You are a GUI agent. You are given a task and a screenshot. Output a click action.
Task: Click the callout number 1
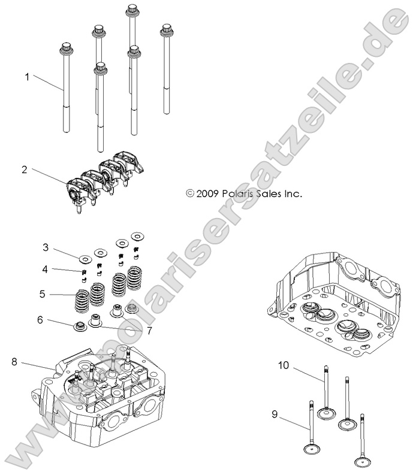(27, 77)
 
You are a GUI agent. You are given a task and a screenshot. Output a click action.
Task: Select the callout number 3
(45, 247)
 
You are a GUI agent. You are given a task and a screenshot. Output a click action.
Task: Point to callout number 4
(45, 270)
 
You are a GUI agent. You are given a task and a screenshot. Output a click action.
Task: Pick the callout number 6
(40, 320)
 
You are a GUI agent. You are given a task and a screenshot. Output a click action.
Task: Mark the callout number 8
(14, 361)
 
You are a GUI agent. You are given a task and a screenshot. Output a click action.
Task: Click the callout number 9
(275, 413)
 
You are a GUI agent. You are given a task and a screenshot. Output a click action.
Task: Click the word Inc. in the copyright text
(291, 193)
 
